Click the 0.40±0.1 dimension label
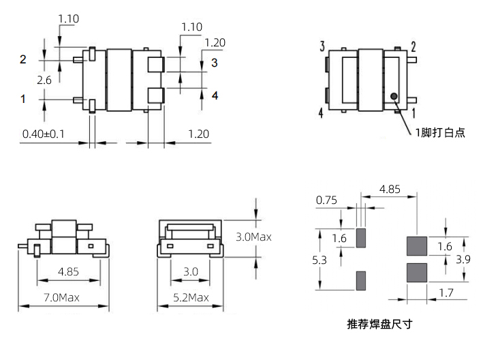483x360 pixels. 43,134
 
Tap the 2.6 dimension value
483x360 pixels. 44,80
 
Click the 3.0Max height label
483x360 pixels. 253,237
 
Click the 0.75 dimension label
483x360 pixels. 327,200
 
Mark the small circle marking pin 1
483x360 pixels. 394,97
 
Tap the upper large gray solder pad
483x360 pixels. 416,245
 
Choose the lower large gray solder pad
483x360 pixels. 416,273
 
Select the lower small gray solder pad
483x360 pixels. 361,280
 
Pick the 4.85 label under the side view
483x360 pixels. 68,271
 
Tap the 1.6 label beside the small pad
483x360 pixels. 340,238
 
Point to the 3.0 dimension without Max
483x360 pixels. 191,271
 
